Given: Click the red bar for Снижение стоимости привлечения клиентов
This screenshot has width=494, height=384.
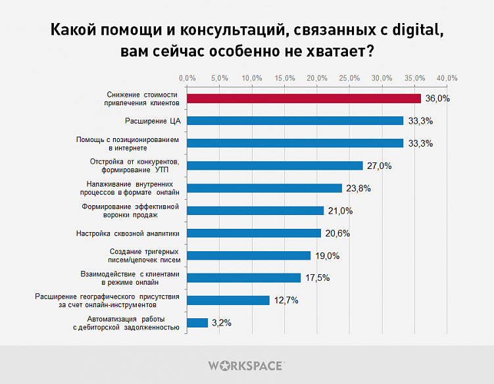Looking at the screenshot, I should pyautogui.click(x=304, y=99).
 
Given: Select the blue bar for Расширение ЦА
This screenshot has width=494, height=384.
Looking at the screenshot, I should pyautogui.click(x=295, y=121).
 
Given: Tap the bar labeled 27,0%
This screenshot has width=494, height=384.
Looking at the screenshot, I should pyautogui.click(x=275, y=166).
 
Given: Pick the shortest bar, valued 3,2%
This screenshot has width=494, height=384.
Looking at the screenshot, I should pyautogui.click(x=198, y=322).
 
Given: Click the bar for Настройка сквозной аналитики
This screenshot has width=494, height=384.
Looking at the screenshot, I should pyautogui.click(x=255, y=233).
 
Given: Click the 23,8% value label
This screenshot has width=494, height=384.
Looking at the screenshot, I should pyautogui.click(x=358, y=188).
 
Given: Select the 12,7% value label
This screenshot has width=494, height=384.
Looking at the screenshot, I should pyautogui.click(x=286, y=300).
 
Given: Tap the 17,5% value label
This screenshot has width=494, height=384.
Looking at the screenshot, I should pyautogui.click(x=317, y=277).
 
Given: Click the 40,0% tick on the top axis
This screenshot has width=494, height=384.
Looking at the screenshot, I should pyautogui.click(x=447, y=78).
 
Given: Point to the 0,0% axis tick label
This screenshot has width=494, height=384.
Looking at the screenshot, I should pyautogui.click(x=187, y=78).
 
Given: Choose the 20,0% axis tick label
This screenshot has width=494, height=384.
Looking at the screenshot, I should pyautogui.click(x=317, y=78).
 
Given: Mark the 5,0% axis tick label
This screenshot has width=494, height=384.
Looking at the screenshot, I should pyautogui.click(x=220, y=78).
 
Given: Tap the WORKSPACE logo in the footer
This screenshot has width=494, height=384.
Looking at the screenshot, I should pyautogui.click(x=246, y=365).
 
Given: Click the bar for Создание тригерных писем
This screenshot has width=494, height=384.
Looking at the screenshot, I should pyautogui.click(x=249, y=255).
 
